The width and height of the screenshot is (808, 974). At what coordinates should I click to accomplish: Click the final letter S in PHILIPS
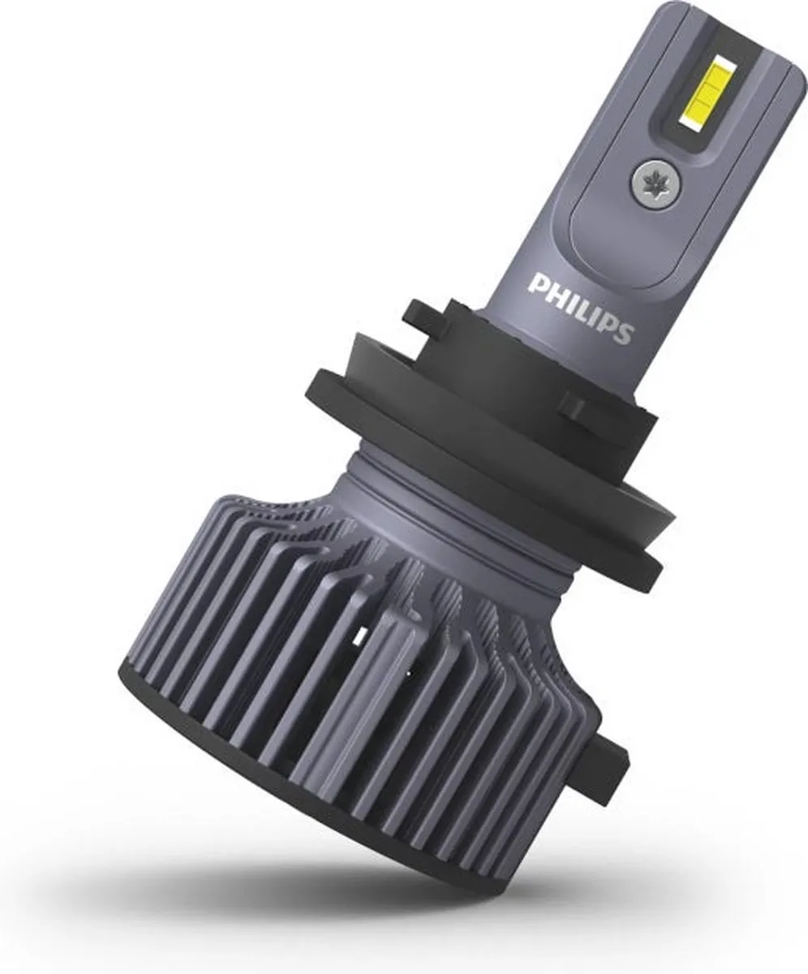pos(623,333)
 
